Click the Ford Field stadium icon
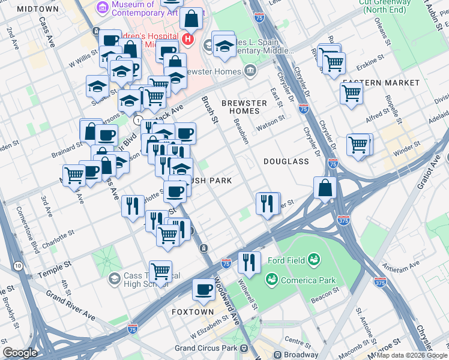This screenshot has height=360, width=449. coord(313,260)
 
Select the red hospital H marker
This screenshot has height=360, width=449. coord(188,40)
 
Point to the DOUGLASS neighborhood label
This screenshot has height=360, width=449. coord(286,161)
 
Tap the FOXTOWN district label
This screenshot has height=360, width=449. coord(192,312)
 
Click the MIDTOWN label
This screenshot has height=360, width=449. coord(38,9)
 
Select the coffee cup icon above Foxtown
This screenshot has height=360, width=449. coord(203,290)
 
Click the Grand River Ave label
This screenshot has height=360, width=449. coord(70,305)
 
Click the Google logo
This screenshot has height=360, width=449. coord(20,352)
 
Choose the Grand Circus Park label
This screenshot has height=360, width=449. coord(205,348)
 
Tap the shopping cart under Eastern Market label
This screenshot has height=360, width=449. coord(351,93)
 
